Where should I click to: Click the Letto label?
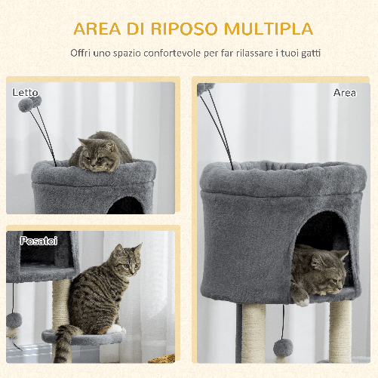click(25, 92)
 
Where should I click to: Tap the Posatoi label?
click(39, 241)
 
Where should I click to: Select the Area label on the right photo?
click(345, 92)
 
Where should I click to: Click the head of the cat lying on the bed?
click(97, 156)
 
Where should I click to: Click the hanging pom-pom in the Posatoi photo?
click(14, 321)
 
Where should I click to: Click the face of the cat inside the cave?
click(326, 267)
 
